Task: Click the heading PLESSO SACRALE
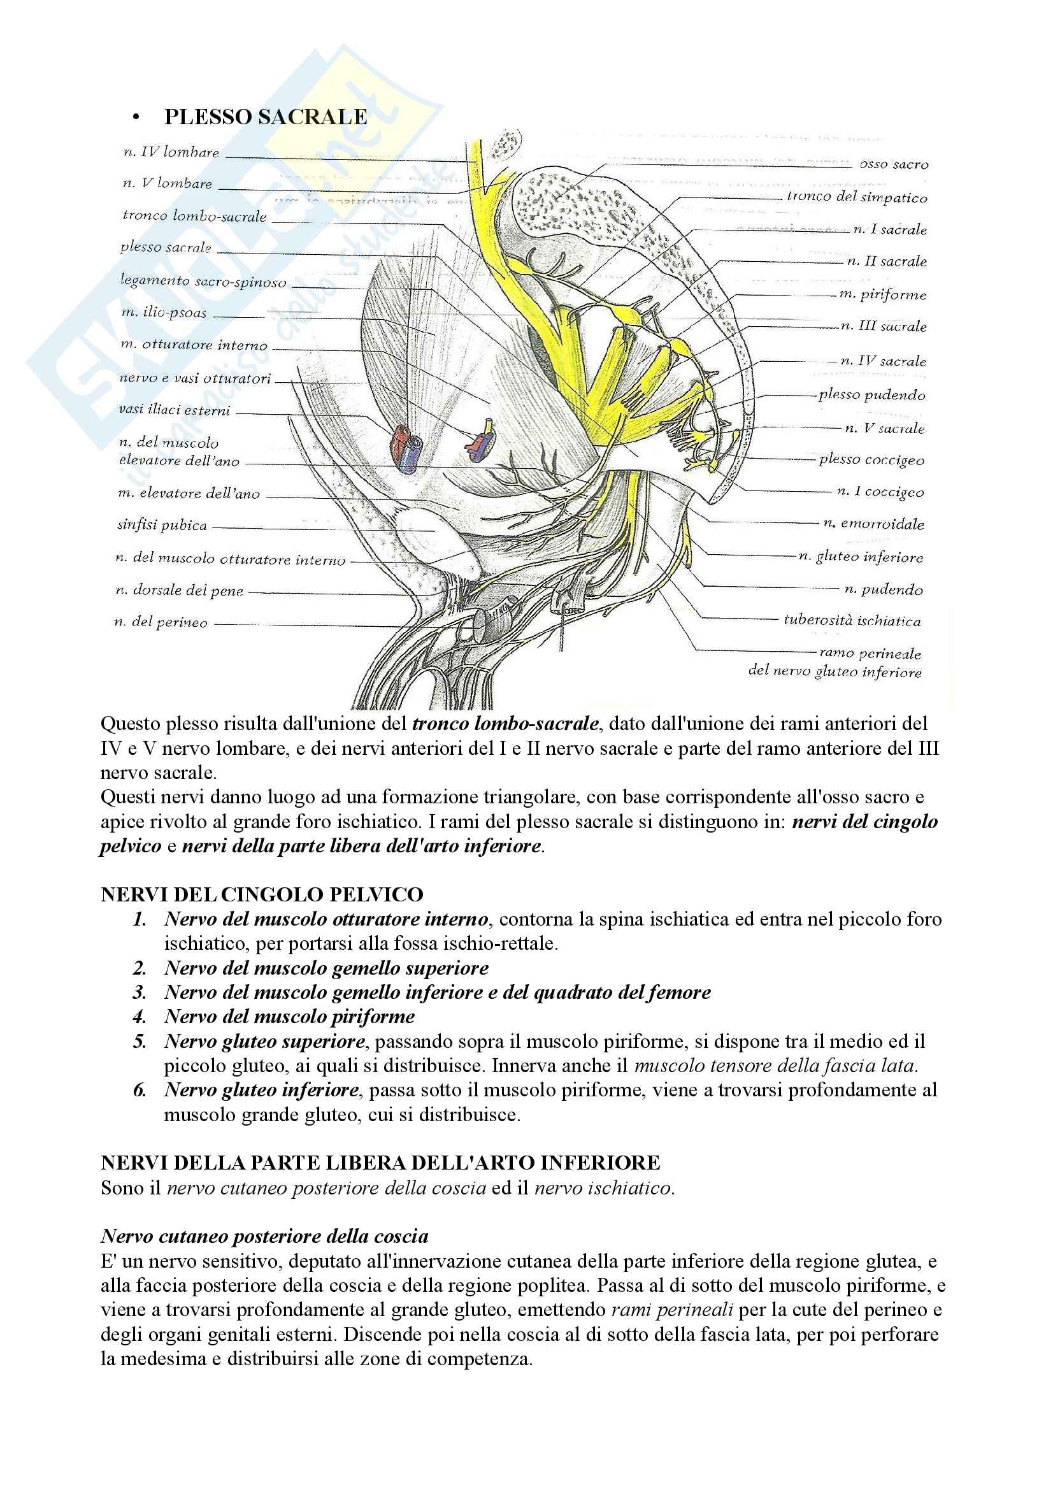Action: click(x=266, y=117)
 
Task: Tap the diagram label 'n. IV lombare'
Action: click(x=171, y=152)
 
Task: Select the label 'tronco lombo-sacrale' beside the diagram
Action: click(x=195, y=215)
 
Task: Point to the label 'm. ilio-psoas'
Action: click(x=164, y=313)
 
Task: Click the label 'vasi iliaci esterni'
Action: click(x=175, y=410)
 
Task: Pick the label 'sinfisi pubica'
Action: click(x=162, y=525)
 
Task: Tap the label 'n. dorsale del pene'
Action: click(x=179, y=591)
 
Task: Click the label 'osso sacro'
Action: click(x=893, y=164)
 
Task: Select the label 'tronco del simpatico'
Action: click(x=856, y=197)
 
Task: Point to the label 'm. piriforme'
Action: click(x=882, y=295)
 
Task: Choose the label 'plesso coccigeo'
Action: click(x=871, y=459)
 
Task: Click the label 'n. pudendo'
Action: click(x=883, y=589)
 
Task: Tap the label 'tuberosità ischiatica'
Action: click(x=852, y=620)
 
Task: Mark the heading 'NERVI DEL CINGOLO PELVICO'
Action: click(x=261, y=894)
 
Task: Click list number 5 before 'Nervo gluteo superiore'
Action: click(x=140, y=1041)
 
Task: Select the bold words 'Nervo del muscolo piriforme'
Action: click(x=289, y=1016)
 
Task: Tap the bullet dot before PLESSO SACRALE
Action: click(x=136, y=117)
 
